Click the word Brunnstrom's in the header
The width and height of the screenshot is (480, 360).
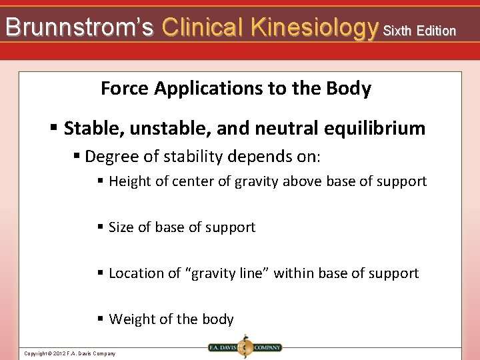(x=79, y=27)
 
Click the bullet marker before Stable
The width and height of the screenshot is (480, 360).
(x=54, y=128)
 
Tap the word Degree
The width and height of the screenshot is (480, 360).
(x=110, y=157)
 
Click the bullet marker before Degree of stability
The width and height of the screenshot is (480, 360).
(x=77, y=157)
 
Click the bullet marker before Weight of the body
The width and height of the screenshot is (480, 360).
(x=100, y=319)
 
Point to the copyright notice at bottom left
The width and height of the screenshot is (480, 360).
(x=69, y=353)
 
